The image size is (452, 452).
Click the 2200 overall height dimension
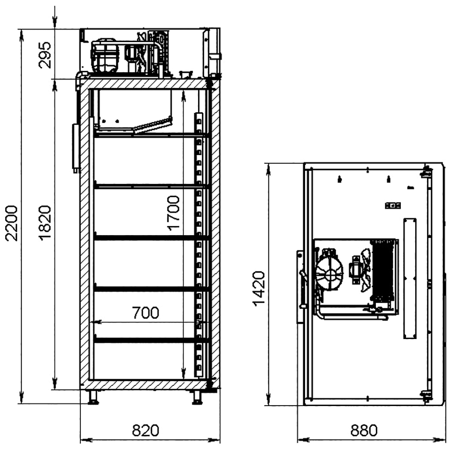[12, 223]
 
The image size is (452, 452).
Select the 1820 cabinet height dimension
[45, 223]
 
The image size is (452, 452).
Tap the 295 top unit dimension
[44, 55]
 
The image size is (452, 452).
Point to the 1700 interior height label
[174, 213]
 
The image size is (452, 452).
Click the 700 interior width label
[145, 313]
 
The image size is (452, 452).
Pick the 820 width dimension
[145, 430]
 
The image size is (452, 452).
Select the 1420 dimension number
[259, 288]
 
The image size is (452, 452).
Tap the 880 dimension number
[364, 430]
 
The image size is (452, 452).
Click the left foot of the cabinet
[93, 397]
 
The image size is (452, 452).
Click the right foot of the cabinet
[198, 397]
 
